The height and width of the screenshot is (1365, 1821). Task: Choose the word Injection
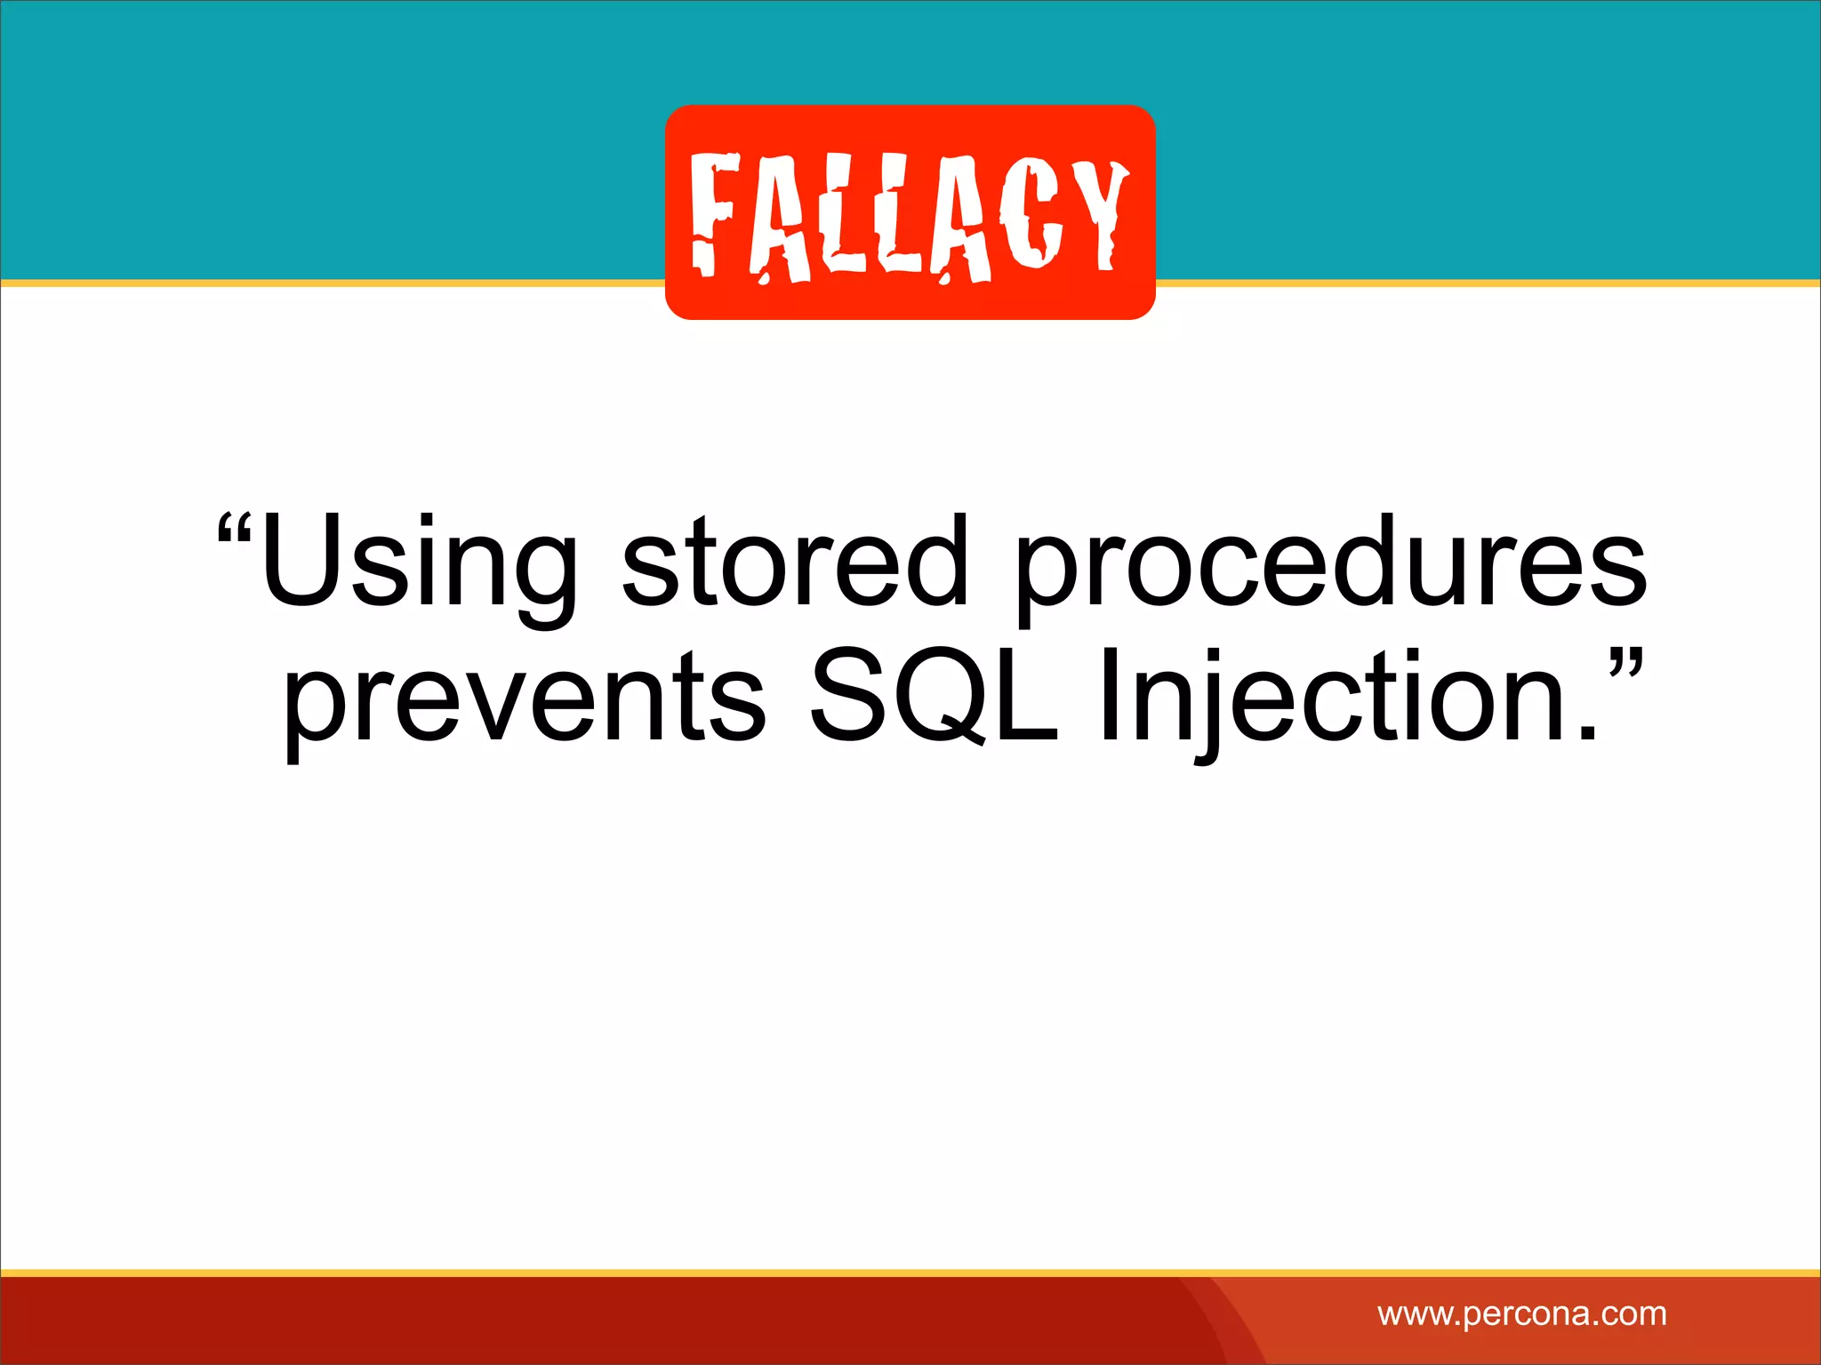pyautogui.click(x=1334, y=698)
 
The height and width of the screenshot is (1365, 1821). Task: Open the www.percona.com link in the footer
pyautogui.click(x=1521, y=1313)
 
